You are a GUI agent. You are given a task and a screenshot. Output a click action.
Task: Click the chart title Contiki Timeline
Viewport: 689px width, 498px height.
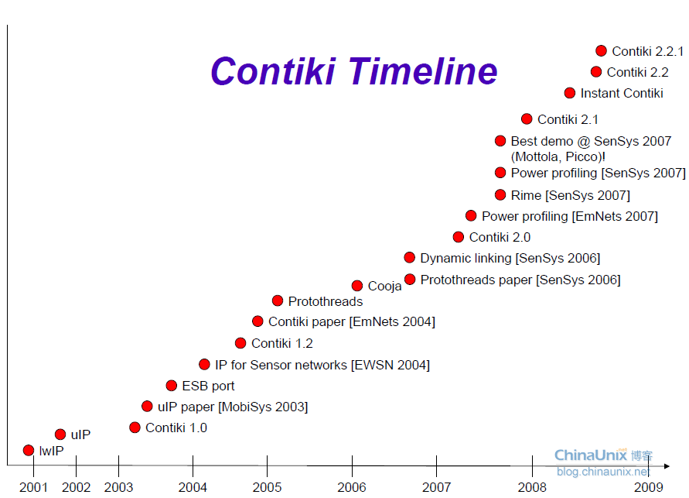[354, 71]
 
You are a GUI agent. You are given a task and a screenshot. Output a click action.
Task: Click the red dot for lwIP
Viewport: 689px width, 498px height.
[29, 450]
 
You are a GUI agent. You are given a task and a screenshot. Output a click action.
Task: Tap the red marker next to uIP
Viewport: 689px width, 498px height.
[60, 434]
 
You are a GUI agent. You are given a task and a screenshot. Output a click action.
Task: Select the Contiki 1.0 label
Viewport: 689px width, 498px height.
[176, 428]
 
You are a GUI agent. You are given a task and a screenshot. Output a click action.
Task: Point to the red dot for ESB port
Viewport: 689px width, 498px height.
[172, 385]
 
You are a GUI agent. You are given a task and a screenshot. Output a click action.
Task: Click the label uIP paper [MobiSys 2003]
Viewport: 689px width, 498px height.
[232, 407]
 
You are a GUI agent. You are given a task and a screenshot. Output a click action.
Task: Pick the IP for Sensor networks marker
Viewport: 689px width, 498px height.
[204, 364]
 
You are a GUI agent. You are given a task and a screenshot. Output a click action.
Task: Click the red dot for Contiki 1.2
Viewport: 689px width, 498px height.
[240, 343]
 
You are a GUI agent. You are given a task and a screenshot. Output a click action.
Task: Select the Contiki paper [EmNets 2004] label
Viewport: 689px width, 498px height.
[351, 321]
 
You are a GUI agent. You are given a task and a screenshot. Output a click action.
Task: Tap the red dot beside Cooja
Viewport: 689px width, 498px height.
[357, 286]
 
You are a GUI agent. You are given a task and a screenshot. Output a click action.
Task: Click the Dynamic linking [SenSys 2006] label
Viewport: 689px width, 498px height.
[510, 258]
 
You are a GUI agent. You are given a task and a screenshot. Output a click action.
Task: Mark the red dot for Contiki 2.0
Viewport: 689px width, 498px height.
[459, 237]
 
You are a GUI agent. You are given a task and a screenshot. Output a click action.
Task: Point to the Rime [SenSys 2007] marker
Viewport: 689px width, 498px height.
[500, 195]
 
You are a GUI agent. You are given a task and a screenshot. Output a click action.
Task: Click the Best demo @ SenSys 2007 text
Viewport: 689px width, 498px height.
[591, 141]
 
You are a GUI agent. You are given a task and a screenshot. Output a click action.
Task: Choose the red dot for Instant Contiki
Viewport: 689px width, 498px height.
[570, 93]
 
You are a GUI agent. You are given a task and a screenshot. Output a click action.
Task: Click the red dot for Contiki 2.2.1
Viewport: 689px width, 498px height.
[601, 51]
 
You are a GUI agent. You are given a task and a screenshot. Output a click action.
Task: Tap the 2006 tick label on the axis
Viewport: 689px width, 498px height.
[352, 487]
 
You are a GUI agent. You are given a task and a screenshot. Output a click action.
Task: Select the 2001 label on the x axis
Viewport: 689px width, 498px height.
[33, 487]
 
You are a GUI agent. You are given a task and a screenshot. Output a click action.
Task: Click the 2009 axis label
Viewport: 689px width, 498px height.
[648, 487]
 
